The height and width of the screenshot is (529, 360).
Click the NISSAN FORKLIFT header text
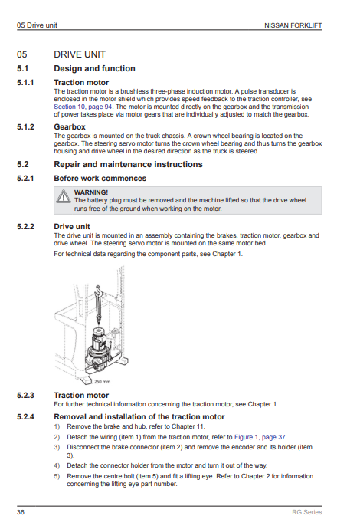coord(293,25)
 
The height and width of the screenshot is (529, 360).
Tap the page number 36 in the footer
coord(21,512)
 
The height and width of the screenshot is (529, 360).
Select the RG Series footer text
coord(307,512)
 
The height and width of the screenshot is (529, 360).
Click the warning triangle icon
coord(64,196)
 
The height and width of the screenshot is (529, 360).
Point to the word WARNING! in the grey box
coord(91,192)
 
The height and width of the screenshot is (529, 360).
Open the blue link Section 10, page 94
coord(83,107)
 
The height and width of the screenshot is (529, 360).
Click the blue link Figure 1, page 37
coord(260,437)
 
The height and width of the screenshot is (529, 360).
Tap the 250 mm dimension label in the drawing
coord(102,382)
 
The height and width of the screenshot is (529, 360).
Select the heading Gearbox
coord(70,127)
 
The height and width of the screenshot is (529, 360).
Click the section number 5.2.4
coord(25,416)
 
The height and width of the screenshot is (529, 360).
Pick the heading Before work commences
coord(100,178)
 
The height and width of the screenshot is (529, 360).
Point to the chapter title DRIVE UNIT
coord(80,54)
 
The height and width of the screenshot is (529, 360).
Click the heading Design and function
coord(94,68)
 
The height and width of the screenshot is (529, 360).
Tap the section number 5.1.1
coord(25,82)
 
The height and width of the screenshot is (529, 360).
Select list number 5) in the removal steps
coord(57,476)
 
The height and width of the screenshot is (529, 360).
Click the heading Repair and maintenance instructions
coord(128,164)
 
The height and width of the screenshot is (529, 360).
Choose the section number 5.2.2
coord(25,226)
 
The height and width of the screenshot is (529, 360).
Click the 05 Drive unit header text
coord(37,25)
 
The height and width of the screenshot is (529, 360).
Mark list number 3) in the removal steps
coord(57,447)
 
